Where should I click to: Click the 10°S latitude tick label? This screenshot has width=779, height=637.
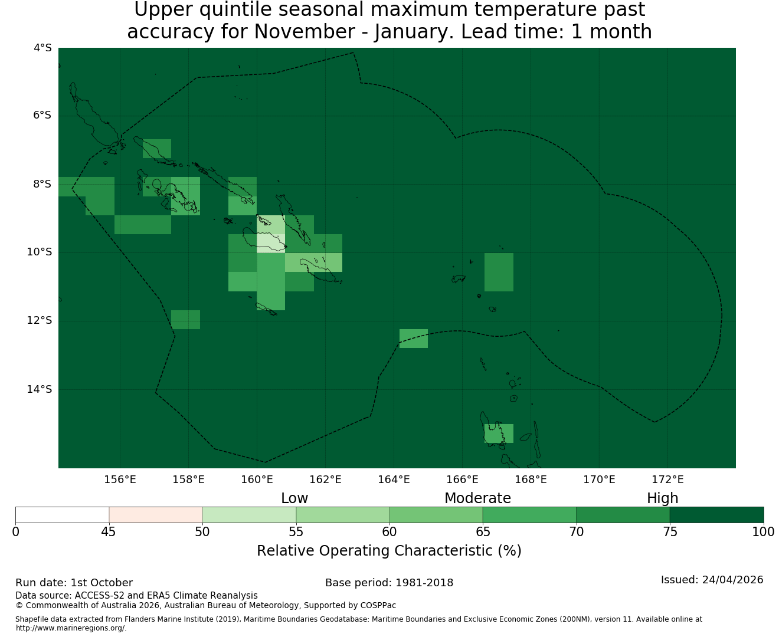[39, 252]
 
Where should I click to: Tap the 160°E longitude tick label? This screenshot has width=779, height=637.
[257, 480]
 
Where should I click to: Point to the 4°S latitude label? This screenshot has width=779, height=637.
[42, 48]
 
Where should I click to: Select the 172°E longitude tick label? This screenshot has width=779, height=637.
[667, 480]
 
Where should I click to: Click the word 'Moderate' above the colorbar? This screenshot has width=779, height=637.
[477, 498]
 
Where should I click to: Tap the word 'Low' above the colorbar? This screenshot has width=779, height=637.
[294, 498]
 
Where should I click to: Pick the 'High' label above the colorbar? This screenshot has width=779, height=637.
[662, 498]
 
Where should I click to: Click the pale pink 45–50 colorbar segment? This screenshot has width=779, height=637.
[155, 515]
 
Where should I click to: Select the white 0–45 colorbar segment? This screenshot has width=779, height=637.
[62, 515]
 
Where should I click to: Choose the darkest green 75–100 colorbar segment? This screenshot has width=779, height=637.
[716, 515]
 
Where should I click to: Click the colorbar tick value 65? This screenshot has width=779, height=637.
[483, 532]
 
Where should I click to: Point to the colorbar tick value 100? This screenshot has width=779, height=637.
[763, 532]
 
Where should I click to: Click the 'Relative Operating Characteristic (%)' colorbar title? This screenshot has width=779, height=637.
[389, 550]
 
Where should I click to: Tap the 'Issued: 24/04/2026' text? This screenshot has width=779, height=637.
[712, 579]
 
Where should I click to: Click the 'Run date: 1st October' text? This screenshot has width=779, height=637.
[74, 582]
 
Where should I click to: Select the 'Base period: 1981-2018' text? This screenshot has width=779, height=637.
[389, 582]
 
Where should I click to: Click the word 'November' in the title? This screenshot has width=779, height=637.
[305, 31]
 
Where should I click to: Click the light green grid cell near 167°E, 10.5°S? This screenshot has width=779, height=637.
[499, 272]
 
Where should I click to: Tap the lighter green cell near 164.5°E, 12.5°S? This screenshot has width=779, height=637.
[413, 338]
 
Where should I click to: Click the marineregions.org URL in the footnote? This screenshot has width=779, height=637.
[71, 628]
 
